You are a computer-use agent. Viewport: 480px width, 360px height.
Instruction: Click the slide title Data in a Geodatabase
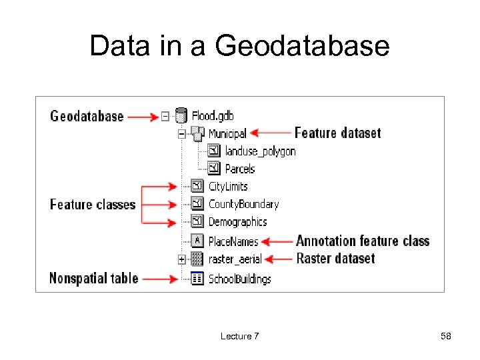[x=239, y=46]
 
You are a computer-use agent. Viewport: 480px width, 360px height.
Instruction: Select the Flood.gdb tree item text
[x=213, y=116]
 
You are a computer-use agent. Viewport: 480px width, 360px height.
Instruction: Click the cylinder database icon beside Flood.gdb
[x=180, y=116]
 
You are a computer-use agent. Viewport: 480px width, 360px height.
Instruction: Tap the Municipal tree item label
[x=227, y=134]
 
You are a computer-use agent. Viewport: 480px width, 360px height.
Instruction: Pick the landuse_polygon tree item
[x=260, y=151]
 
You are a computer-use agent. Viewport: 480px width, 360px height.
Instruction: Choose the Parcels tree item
[x=240, y=169]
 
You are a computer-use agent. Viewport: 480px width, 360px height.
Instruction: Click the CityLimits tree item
[x=228, y=187]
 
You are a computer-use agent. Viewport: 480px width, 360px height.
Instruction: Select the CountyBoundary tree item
[x=243, y=204]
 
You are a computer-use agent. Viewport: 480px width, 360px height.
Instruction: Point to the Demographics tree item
[x=237, y=222]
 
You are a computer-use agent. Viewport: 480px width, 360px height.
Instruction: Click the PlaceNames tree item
[x=233, y=241]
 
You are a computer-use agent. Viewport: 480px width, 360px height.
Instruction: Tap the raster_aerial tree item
[x=235, y=259]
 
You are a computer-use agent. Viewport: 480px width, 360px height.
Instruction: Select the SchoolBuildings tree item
[x=240, y=279]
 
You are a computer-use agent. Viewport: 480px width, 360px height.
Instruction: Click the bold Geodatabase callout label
[x=87, y=116]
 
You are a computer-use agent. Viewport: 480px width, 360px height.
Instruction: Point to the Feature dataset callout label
[x=337, y=133]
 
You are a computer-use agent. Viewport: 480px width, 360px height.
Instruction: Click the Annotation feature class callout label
[x=363, y=241]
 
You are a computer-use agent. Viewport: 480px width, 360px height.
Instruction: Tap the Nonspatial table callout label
[x=93, y=278]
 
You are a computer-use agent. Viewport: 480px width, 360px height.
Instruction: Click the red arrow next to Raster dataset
[x=279, y=259]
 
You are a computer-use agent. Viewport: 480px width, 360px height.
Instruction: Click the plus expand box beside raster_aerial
[x=181, y=259]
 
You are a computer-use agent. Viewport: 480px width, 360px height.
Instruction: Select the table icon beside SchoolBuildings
[x=197, y=279]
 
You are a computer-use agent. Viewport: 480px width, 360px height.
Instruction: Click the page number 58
[x=446, y=337]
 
